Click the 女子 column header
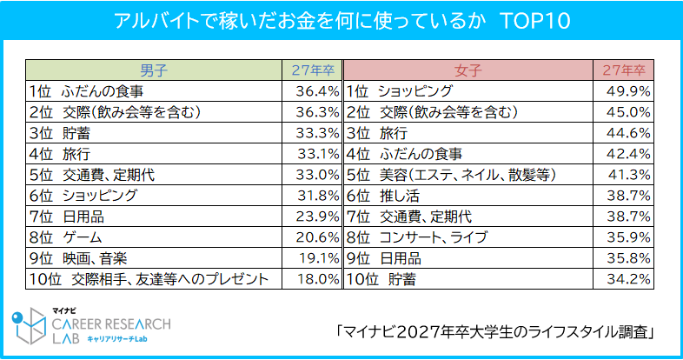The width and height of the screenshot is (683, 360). tap(467, 69)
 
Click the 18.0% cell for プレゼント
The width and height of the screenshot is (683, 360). tap(316, 279)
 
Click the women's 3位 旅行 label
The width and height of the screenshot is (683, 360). tap(377, 133)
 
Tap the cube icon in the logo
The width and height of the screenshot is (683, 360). tap(30, 328)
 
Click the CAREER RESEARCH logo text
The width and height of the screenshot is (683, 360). tap(111, 323)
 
